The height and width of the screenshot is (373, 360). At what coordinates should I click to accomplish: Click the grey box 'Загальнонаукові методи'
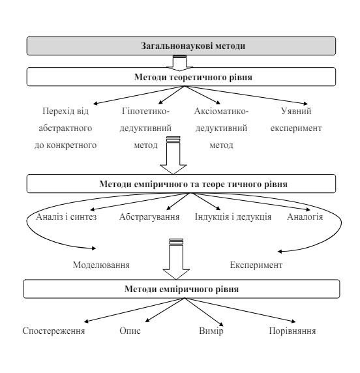(181, 46)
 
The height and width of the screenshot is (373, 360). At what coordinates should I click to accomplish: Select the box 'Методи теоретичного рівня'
(181, 77)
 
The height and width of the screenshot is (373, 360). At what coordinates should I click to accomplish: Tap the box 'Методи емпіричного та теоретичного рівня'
(181, 184)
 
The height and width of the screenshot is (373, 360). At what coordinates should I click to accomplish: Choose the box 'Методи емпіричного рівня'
(181, 289)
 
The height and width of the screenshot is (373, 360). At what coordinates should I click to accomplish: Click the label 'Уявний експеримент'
(296, 119)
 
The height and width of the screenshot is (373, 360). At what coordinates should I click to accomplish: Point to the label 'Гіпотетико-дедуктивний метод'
(145, 128)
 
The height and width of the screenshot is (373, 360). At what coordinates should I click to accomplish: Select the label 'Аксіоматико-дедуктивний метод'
(221, 128)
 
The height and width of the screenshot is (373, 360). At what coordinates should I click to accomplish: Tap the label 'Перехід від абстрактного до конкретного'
(65, 128)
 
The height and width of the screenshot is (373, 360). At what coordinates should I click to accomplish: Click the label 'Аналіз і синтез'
(67, 216)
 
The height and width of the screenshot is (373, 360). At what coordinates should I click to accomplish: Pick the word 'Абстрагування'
(149, 216)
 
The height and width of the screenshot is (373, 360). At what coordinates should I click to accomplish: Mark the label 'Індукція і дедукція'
(233, 216)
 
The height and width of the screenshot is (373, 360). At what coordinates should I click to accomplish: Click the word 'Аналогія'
(305, 216)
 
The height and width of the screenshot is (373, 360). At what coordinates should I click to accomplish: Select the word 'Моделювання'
(101, 265)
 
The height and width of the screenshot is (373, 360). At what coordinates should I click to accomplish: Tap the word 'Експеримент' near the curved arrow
(256, 265)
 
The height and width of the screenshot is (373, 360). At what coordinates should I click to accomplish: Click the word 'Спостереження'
(53, 331)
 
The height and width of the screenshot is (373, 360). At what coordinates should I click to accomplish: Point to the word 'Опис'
(130, 331)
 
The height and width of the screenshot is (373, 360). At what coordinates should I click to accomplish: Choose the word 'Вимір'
(211, 331)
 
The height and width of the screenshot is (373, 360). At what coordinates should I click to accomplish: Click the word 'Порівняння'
(292, 331)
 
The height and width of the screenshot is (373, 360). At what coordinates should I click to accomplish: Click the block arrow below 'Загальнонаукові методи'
(179, 63)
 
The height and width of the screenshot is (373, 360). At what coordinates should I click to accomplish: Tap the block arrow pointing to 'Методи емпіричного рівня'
(176, 260)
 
